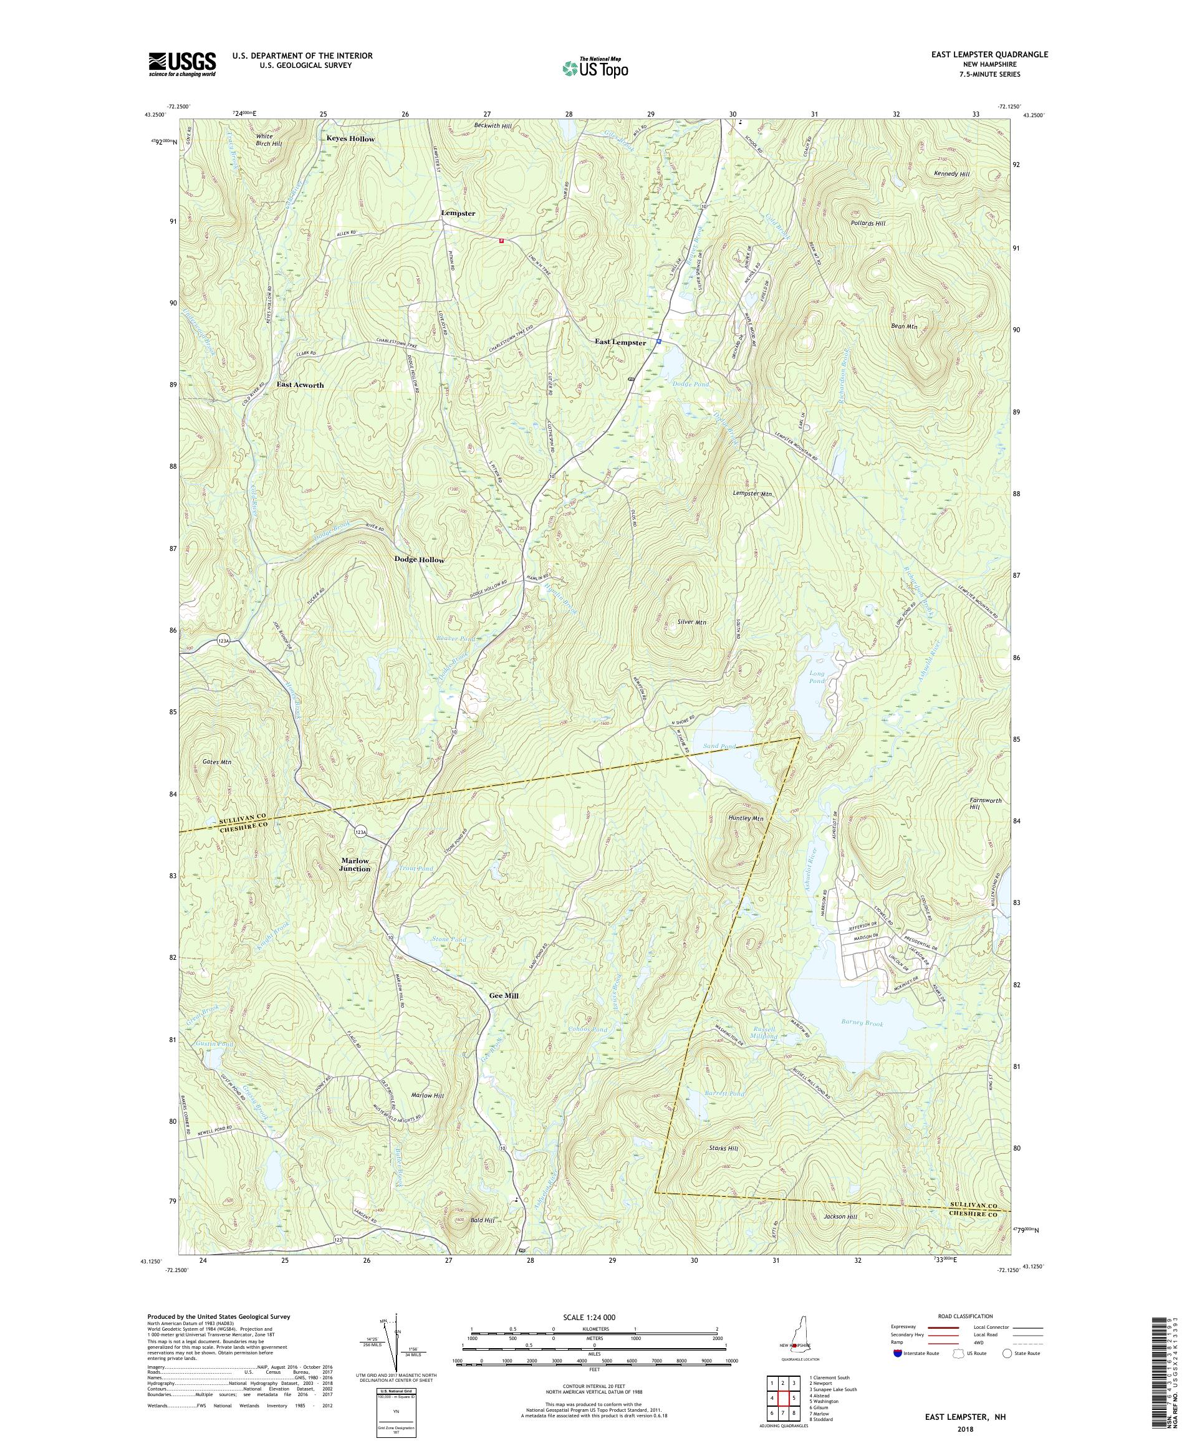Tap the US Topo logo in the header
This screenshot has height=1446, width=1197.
tap(596, 67)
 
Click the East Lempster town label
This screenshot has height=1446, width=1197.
tap(620, 342)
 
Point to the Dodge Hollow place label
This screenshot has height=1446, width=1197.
tap(419, 560)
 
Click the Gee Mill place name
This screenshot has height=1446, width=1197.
tap(504, 995)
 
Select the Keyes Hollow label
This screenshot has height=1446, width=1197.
tap(350, 138)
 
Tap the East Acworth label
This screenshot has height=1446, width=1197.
tap(300, 385)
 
